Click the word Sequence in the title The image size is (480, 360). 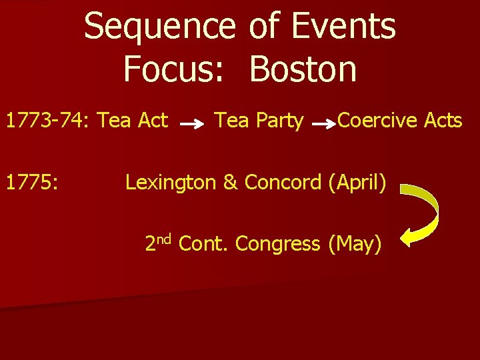pos(160,27)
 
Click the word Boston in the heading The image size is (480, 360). pos(303,69)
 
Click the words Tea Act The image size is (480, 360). pos(133,121)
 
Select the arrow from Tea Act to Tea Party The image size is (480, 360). pos(192,124)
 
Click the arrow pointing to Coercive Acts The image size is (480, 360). pos(324,124)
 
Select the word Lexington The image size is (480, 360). pos(171,182)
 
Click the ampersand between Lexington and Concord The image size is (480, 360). pos(231,182)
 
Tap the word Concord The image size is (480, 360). pos(283,182)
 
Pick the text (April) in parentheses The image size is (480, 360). pos(357,182)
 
